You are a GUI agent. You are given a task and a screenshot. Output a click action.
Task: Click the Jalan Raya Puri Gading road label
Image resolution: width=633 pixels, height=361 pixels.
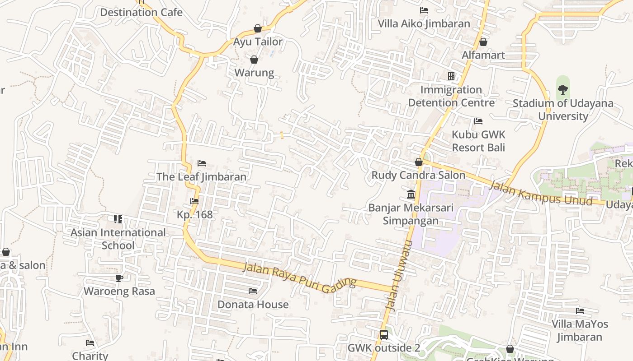[x=300, y=276]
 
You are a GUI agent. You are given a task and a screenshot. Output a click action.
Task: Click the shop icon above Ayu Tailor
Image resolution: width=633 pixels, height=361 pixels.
[x=258, y=28]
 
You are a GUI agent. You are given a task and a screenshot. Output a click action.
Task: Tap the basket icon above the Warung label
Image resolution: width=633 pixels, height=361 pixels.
[x=254, y=60]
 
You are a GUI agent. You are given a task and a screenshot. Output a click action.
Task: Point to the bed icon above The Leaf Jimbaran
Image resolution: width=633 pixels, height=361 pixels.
[x=202, y=163]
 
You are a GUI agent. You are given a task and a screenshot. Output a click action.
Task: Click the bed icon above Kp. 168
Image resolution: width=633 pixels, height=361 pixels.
[x=194, y=201]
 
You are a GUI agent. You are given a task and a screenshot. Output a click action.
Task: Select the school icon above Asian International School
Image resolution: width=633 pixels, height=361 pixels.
[x=118, y=219]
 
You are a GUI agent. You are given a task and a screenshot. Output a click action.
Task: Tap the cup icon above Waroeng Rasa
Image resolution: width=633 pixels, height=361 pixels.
[x=119, y=278]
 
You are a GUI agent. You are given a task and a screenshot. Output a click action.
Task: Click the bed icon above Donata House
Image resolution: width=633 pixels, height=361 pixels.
[x=253, y=291]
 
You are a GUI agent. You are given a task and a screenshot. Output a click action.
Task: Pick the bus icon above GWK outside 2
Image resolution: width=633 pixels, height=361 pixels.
[x=383, y=334]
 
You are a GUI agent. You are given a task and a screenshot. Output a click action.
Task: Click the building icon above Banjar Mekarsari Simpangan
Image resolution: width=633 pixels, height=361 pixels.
[x=411, y=194]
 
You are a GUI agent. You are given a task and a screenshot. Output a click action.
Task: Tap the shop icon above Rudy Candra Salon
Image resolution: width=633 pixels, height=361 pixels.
[x=419, y=162]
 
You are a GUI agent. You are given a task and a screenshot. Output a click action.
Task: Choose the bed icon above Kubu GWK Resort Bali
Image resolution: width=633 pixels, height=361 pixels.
[x=478, y=121]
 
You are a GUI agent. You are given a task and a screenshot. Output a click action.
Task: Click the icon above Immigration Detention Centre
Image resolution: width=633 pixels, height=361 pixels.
[x=451, y=76]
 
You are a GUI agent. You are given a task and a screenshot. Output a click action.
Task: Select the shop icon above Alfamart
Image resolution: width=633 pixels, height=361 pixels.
[x=483, y=42]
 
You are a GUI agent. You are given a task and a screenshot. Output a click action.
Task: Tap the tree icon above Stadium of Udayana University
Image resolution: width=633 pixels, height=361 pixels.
[x=562, y=89]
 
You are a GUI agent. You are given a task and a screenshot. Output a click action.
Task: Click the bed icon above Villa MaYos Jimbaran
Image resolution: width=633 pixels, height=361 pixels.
[x=580, y=310]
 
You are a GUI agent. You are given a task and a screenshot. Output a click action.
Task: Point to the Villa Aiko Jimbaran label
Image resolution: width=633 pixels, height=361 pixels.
[x=424, y=23]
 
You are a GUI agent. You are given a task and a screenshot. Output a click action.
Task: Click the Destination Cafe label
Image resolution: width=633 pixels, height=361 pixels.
[x=141, y=12]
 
